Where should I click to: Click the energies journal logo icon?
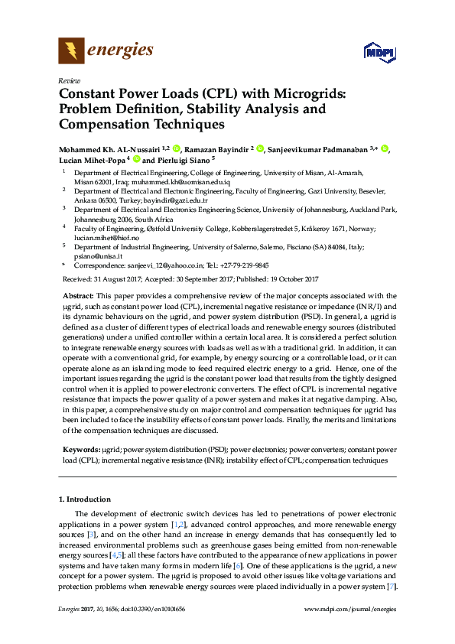72,50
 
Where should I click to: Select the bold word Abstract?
75,295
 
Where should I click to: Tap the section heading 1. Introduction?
85,499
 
